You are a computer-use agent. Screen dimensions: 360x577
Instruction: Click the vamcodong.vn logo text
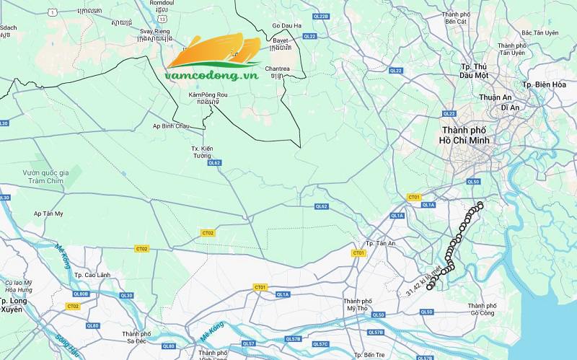point(211,74)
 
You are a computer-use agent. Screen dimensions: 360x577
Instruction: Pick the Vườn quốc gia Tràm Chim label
point(45,177)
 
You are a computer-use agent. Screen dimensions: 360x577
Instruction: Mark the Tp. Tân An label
point(381,243)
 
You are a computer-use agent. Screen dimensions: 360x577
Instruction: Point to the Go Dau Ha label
point(286,26)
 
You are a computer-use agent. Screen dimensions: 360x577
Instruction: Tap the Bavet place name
point(280,41)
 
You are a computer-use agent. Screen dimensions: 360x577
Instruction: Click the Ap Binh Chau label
point(171,126)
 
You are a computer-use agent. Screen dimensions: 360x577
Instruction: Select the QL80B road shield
point(80,294)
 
